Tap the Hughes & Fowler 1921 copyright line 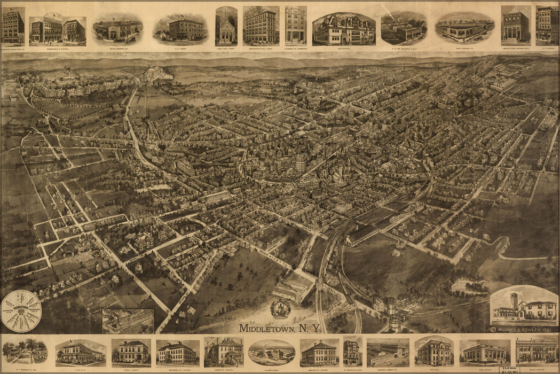tap(524, 330)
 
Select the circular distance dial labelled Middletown tap(21, 311)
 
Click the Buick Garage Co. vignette tap(117, 29)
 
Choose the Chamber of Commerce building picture tap(295, 26)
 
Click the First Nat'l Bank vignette tap(226, 27)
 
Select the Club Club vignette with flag tap(81, 353)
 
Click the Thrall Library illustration tap(130, 352)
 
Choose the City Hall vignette tap(434, 352)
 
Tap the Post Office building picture tap(485, 352)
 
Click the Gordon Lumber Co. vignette tap(388, 353)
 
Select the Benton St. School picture tap(319, 353)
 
